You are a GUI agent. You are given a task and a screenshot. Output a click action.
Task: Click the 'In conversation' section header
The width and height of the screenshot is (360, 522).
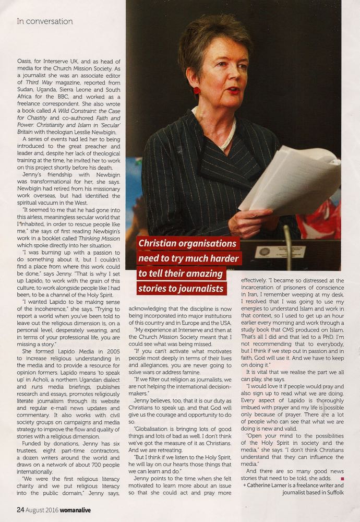pyautogui.click(x=44, y=21)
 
